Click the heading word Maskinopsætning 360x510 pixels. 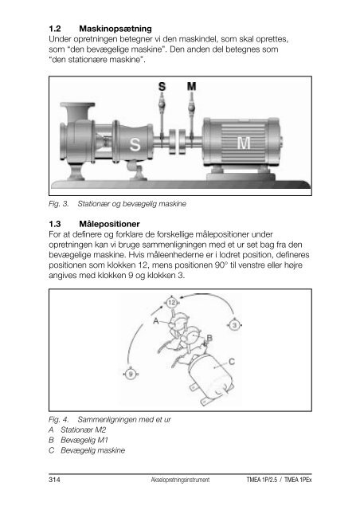coord(115,29)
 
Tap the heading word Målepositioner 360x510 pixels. coord(109,224)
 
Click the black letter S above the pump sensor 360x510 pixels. coord(162,87)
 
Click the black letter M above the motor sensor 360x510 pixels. coord(191,87)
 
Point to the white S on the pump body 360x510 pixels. coord(135,144)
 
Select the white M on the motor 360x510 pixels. coord(244,143)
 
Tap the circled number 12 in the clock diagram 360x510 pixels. coord(172,303)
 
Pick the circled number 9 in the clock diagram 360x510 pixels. coord(131,374)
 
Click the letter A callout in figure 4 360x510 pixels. coord(156,321)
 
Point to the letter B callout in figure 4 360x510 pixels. coord(209,338)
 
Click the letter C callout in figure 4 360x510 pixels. coord(232,362)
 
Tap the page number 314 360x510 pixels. coord(54,480)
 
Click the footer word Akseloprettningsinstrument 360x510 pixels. coord(180,480)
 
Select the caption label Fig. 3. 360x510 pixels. coord(58,204)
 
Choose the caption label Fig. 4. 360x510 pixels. coord(58,420)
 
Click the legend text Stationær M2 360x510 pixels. coord(84,430)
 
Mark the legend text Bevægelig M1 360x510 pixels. coord(84,441)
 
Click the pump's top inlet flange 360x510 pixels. coord(78,105)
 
